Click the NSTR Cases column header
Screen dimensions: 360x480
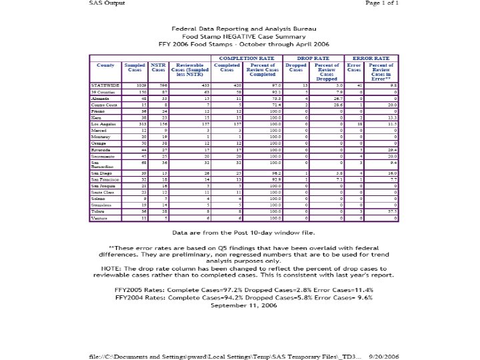coord(158,67)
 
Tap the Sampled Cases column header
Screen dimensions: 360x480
coord(135,67)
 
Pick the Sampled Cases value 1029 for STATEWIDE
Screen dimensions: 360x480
coord(141,86)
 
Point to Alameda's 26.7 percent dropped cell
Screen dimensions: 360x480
coord(338,99)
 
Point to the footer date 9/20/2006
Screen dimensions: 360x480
coord(385,357)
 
